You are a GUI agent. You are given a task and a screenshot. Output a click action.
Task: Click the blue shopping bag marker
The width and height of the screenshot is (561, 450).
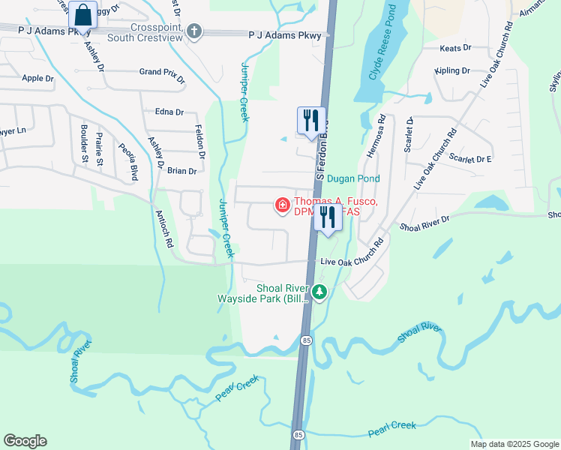point(83,14)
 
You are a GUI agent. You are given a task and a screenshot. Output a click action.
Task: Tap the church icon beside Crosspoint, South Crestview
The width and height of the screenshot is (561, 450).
point(194,31)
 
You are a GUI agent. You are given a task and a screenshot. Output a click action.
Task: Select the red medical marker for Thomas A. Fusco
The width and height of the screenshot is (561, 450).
point(283,205)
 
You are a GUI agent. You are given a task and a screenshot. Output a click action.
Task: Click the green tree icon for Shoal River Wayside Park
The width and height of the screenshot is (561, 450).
point(320,292)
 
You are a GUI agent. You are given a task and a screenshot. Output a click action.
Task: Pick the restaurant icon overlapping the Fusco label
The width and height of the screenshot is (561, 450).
point(327,218)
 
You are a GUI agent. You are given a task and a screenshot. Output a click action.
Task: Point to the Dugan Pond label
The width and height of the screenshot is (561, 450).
point(353,178)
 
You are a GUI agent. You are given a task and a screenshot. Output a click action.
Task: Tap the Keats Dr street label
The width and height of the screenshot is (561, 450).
point(456,47)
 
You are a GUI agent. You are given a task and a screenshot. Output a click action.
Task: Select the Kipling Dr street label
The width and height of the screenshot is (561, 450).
point(452,70)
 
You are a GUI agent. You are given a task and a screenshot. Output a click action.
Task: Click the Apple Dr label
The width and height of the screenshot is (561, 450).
point(37,78)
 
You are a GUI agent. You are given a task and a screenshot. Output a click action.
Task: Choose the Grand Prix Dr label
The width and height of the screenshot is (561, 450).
point(161,72)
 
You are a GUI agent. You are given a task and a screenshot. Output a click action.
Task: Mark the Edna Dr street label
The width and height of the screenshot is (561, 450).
point(169,112)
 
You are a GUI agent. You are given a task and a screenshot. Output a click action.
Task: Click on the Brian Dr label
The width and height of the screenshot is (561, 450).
point(181,171)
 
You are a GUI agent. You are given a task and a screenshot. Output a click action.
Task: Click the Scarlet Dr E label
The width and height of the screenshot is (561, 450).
point(470,159)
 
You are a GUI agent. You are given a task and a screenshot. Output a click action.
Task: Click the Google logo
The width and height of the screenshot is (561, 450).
point(25,441)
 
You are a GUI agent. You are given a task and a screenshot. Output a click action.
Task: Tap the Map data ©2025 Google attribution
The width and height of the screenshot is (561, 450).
point(514,444)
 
